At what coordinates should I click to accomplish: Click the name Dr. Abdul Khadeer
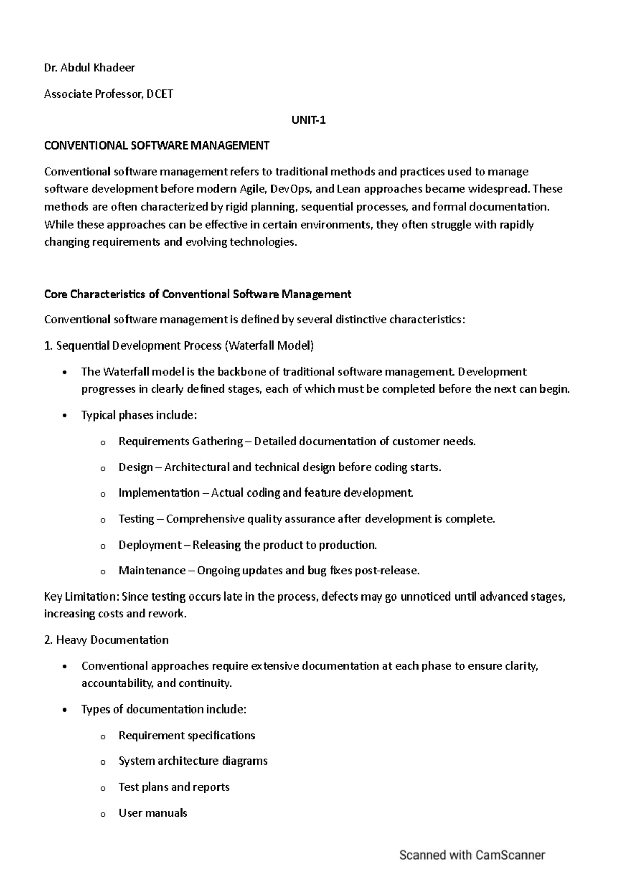coord(89,67)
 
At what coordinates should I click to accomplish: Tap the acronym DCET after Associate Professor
coord(159,94)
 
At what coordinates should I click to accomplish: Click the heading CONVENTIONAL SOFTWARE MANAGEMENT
coord(157,145)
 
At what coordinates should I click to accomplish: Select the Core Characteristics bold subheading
coord(197,294)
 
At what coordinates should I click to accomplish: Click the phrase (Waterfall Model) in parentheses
coord(269,345)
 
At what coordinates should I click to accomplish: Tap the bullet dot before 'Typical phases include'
coord(64,416)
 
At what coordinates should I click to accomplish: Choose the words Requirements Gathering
coord(180,441)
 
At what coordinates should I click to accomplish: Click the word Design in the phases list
coord(136,467)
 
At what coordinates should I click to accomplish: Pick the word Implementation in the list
coord(159,493)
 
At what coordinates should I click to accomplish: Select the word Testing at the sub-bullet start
coord(136,519)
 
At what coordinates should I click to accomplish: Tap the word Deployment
coord(150,545)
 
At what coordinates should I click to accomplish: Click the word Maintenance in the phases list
coord(152,571)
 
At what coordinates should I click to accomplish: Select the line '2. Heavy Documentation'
coord(106,640)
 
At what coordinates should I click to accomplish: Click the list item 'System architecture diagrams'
coord(193,761)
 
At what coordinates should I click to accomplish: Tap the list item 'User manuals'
coord(153,813)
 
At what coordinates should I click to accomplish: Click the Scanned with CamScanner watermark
coord(471,856)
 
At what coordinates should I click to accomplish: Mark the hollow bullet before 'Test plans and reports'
coord(102,788)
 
